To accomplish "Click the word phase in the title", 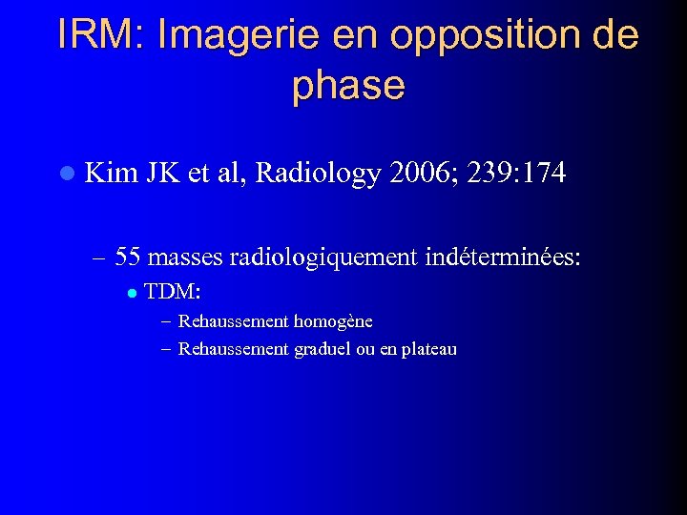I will (348, 86).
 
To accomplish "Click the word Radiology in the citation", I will (318, 173).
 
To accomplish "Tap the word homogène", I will (333, 320).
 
